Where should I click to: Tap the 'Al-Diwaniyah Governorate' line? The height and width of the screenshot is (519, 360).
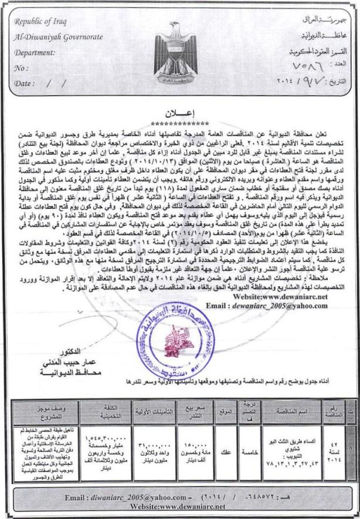[57, 38]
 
